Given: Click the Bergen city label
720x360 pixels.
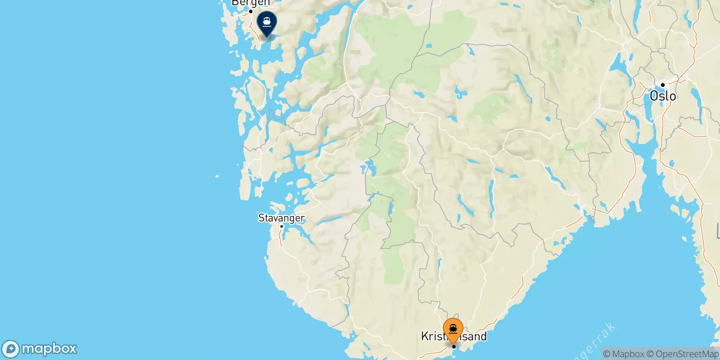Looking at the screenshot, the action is coord(250,3).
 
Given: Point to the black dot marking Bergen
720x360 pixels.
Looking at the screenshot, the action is coord(251,11).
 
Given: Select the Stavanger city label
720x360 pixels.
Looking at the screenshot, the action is coord(281,218).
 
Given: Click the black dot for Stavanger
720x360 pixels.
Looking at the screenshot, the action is coord(281,226).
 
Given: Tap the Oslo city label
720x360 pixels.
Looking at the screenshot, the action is coord(663,96).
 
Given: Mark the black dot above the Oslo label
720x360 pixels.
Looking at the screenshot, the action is coord(663,85).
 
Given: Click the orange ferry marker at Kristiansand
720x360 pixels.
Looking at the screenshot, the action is coord(453,330).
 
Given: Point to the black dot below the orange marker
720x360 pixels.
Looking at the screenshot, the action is coord(454,346).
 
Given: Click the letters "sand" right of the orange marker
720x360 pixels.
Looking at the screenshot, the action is coord(475,337).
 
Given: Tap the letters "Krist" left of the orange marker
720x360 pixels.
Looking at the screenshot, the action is coord(432,337).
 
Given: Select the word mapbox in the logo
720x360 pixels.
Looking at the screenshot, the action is coord(49,349).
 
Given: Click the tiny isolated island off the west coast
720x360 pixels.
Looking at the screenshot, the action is coord(217,176).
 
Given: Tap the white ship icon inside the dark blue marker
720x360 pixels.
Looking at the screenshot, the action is coord(266,21).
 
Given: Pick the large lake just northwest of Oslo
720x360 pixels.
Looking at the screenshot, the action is coord(622,67).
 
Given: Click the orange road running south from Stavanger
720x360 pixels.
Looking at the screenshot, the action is coord(281,238).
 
